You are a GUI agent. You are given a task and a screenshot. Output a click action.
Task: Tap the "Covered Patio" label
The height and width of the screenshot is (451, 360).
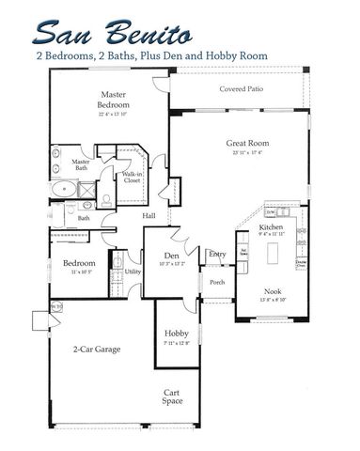click(241, 90)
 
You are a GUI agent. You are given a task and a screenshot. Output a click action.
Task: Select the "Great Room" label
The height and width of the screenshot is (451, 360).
click(242, 144)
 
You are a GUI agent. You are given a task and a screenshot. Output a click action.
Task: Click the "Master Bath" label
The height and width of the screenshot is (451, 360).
click(80, 165)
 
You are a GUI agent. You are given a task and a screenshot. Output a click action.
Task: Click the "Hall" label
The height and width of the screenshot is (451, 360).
click(149, 217)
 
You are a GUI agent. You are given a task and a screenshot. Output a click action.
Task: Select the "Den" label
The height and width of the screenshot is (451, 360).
click(171, 256)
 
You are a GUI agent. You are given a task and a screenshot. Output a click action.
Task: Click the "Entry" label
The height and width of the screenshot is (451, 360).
click(217, 254)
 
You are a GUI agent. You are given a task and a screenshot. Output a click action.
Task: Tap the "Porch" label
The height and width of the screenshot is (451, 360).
click(217, 282)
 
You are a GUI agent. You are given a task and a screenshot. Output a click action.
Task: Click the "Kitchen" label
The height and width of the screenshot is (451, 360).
click(273, 229)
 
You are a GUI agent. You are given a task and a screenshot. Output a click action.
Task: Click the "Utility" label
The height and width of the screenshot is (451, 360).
click(133, 272)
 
